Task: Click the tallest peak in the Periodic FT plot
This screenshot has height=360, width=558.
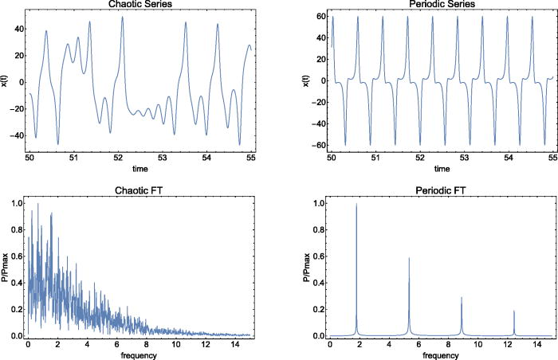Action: (356, 205)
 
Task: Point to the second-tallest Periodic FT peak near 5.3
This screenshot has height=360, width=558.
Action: (409, 258)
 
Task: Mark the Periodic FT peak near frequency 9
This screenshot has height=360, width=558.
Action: (462, 298)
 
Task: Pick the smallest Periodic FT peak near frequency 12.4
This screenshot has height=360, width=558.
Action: (514, 311)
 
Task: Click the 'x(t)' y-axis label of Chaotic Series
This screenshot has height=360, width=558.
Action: (5, 80)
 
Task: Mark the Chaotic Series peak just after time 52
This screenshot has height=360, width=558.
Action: (123, 18)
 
